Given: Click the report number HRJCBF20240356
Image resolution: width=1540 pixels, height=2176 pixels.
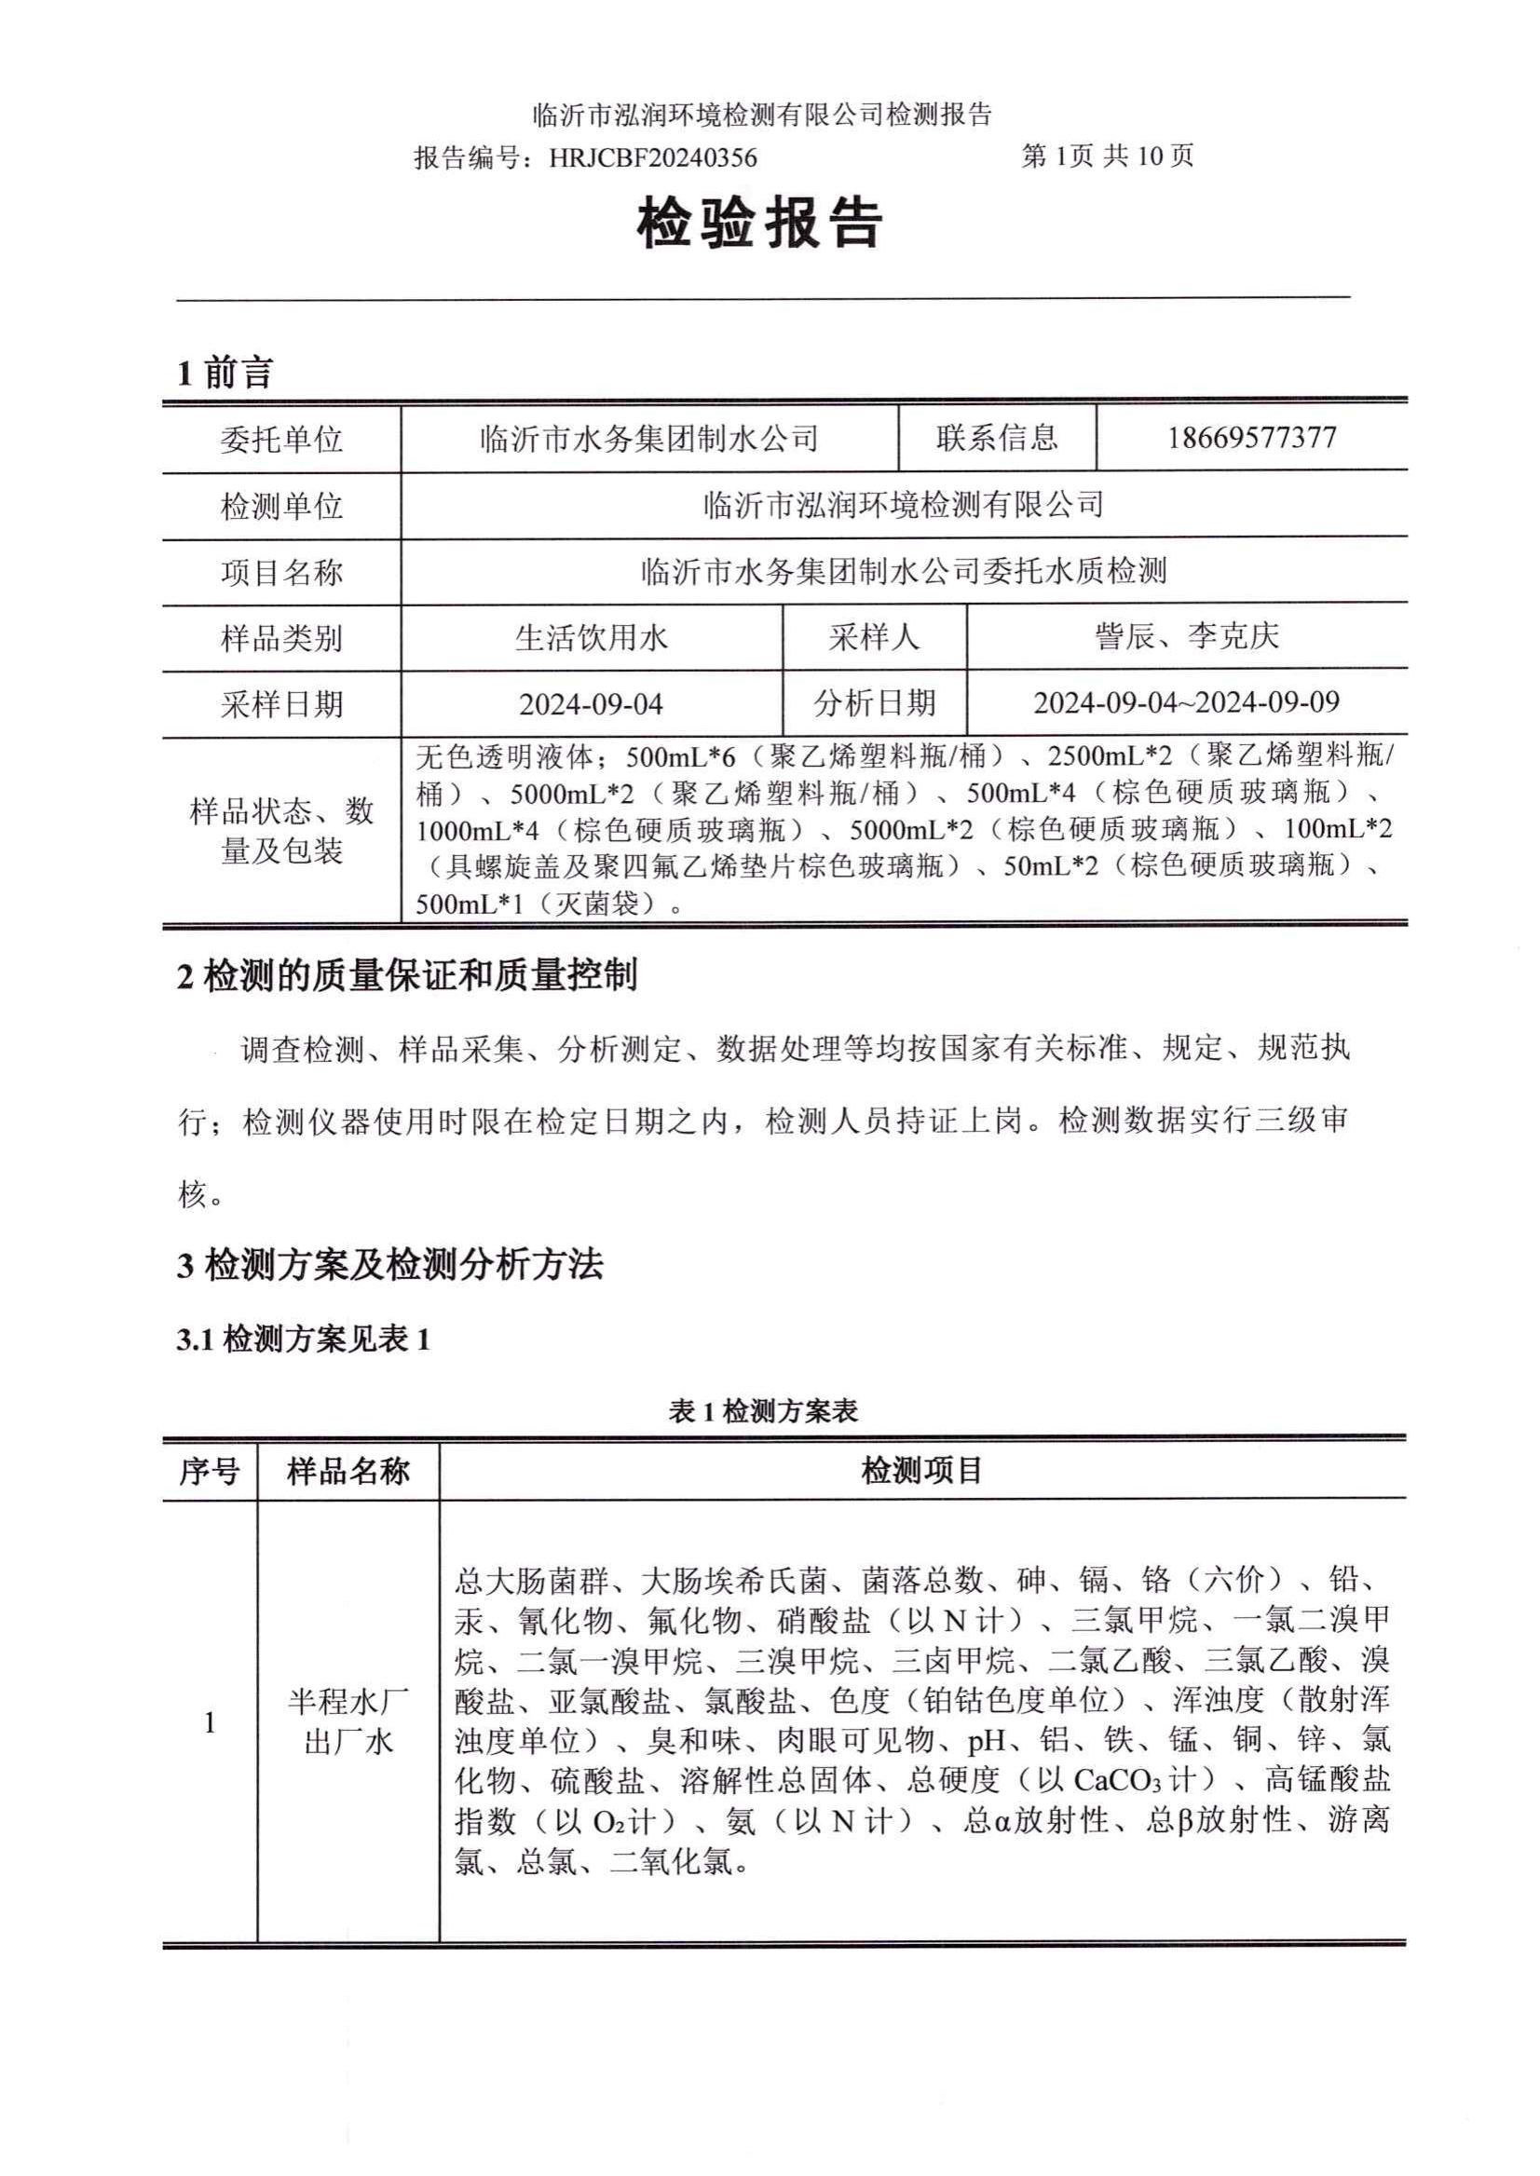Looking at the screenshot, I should click(x=652, y=157).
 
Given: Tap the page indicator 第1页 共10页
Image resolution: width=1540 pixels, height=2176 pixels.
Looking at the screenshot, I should click(x=1107, y=156).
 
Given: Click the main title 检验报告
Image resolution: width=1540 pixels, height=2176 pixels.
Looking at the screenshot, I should click(x=760, y=224).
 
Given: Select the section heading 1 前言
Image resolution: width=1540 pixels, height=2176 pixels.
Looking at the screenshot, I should click(x=225, y=373).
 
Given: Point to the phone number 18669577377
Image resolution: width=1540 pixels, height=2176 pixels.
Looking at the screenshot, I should click(x=1252, y=438).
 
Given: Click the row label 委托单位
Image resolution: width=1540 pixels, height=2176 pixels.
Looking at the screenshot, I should click(x=281, y=440).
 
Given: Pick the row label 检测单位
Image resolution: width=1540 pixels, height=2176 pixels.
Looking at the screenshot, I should click(x=281, y=507).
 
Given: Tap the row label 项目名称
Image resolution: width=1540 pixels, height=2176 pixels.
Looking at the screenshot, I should click(x=281, y=573).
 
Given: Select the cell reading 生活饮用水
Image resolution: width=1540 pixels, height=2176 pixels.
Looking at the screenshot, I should click(x=592, y=638).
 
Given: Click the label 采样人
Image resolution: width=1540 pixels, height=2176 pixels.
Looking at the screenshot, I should click(x=874, y=638).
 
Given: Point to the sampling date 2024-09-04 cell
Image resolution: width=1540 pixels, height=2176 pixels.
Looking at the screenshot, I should click(x=592, y=704).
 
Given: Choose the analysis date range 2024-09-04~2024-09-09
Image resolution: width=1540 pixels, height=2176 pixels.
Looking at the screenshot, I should click(x=1186, y=702).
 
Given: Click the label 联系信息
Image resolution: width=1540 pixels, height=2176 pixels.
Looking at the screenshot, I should click(x=997, y=438).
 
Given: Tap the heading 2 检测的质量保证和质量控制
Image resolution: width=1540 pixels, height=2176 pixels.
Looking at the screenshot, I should click(x=407, y=975).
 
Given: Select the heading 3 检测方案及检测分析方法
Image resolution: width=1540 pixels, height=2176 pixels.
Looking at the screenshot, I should click(x=389, y=1265).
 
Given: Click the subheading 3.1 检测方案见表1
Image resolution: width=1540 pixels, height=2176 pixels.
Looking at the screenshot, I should click(x=304, y=1340).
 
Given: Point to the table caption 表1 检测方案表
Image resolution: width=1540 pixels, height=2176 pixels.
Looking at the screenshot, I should click(x=763, y=1412).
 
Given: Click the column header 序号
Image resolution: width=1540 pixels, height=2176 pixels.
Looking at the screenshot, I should click(x=210, y=1472).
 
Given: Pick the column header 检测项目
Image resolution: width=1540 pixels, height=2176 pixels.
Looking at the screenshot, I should click(x=921, y=1472).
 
